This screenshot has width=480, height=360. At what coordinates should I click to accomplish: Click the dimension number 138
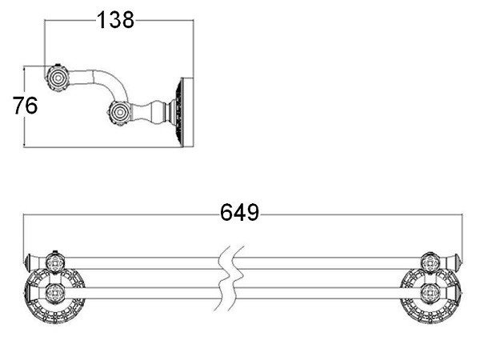coord(115,20)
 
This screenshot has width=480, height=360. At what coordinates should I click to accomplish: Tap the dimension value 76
coord(25,106)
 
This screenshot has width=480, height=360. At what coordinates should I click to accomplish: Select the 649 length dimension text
coord(239,213)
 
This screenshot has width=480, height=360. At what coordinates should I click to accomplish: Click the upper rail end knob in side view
coord(58,78)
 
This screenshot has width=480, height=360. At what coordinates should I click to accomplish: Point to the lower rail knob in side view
coord(120,113)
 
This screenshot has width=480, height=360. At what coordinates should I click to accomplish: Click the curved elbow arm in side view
coord(114,82)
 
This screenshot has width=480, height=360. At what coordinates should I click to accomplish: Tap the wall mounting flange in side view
coord(184,112)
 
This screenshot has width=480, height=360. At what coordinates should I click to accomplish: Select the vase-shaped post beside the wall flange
coord(153,113)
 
